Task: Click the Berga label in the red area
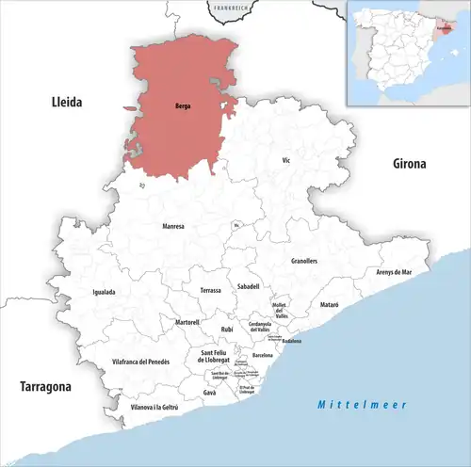pos(184,106)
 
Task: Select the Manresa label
pos(173,226)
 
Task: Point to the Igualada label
pos(104,292)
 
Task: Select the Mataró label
pos(328,305)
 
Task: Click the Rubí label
pos(226,329)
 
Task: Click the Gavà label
pos(209,393)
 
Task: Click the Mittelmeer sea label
pos(361,405)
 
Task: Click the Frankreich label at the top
pos(230,8)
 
